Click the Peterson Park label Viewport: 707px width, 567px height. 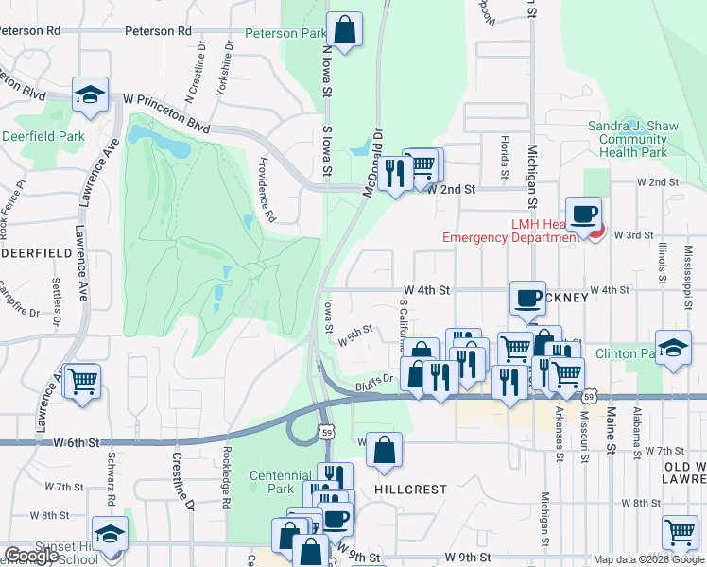coord(285,33)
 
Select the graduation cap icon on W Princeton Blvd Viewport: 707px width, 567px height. coord(90,94)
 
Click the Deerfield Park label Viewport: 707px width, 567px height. coord(43,136)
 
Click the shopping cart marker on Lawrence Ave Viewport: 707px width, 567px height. coord(83,380)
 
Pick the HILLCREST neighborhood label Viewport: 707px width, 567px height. coord(409,490)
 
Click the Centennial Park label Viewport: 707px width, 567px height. coord(281,482)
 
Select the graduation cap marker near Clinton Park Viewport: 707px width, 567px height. coord(672,348)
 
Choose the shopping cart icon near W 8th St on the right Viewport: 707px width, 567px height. coord(680,532)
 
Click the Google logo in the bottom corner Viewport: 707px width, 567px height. coord(31,556)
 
